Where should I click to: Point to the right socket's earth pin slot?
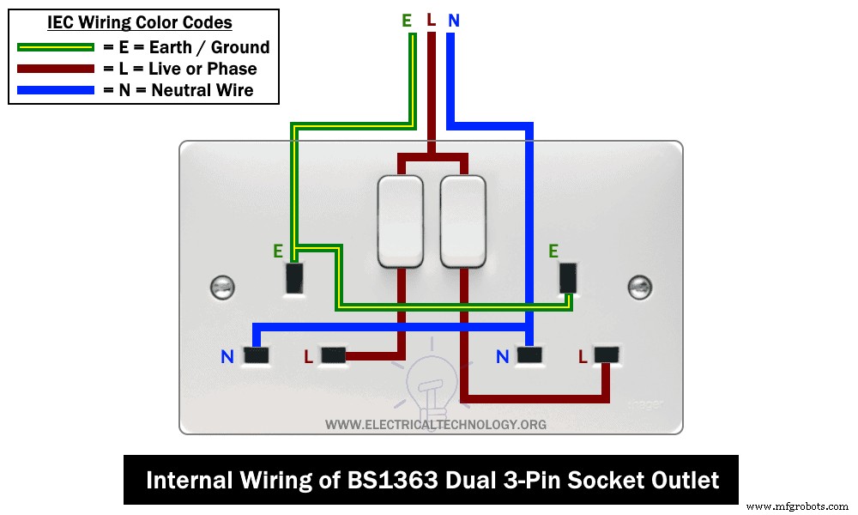pos(568,277)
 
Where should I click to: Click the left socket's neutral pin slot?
pos(256,354)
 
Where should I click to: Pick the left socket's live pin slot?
pos(332,354)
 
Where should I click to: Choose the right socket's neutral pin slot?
pos(530,354)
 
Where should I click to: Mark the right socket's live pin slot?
pos(607,354)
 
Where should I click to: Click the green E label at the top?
pos(407,20)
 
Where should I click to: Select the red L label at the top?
pos(431,20)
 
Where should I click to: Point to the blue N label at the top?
pos(453,20)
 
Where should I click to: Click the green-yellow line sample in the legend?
pos(54,47)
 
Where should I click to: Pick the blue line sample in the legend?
pos(54,89)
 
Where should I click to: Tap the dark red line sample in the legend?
pos(54,69)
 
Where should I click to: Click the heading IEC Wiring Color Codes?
pos(140,23)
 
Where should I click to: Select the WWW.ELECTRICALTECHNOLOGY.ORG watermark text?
pos(436,424)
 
